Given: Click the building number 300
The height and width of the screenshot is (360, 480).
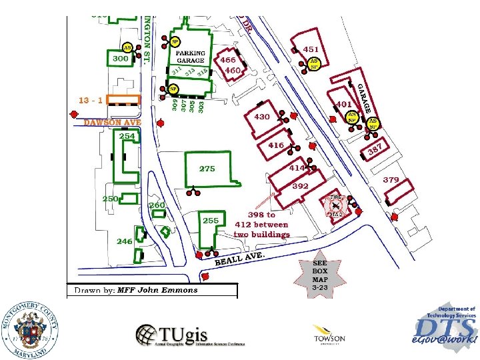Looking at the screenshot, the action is click(120, 59).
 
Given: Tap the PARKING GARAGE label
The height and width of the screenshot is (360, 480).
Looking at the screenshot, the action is click(190, 56).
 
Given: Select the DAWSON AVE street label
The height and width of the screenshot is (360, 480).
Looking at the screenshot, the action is click(112, 123).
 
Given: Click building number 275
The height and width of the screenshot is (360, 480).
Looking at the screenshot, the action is click(207, 169).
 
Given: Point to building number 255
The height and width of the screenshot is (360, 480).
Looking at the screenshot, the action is click(211, 221).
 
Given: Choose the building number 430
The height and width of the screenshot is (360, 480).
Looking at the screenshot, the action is click(262, 117).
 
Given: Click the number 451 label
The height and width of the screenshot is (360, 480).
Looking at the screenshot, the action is click(311, 49).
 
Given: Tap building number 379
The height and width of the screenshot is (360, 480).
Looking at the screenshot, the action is click(391, 180).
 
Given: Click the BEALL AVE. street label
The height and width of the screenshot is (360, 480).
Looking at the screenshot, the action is click(240, 259).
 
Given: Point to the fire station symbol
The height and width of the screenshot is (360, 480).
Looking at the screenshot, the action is click(337, 206).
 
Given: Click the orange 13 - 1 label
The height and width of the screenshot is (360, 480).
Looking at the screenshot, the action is click(90, 100).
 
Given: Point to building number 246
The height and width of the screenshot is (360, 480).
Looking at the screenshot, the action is click(125, 241).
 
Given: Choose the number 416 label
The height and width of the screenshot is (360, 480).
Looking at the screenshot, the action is click(276, 145).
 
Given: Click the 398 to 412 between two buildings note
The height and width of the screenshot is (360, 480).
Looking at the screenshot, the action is click(261, 225).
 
